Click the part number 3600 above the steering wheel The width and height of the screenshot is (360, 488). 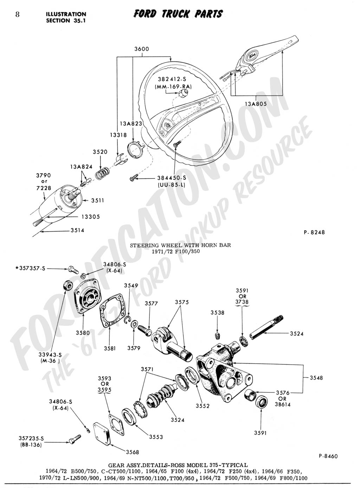[x=141, y=50]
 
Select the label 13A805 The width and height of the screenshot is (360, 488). [x=256, y=104]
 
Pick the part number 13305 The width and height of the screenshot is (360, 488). [x=91, y=217]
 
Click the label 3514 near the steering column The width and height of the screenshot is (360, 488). [x=77, y=231]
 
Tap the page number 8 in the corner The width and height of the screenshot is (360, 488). [x=17, y=14]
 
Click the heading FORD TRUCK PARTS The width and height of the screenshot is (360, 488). [x=178, y=14]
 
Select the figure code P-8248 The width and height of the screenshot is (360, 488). [x=314, y=232]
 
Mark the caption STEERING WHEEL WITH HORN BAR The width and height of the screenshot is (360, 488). [x=180, y=245]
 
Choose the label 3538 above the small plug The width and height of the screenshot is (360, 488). [x=217, y=313]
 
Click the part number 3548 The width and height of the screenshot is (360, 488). [x=316, y=378]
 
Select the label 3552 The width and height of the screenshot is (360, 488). [x=202, y=406]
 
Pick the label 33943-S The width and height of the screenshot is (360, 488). [x=51, y=355]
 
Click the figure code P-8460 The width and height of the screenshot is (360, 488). [x=328, y=456]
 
